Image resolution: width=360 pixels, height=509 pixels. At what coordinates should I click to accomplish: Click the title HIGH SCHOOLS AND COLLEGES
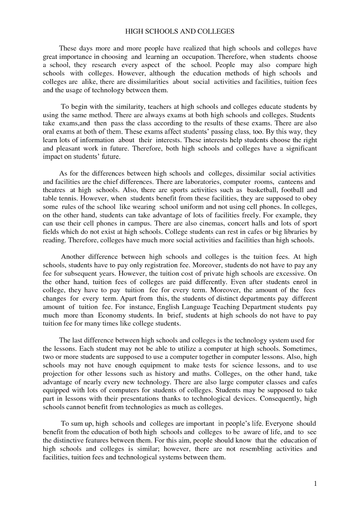click(180, 31)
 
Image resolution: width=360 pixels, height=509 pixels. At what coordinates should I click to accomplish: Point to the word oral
click(49, 132)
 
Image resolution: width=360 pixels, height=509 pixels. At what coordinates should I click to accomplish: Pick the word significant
click(301, 149)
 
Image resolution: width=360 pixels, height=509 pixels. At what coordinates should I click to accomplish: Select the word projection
click(58, 374)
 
